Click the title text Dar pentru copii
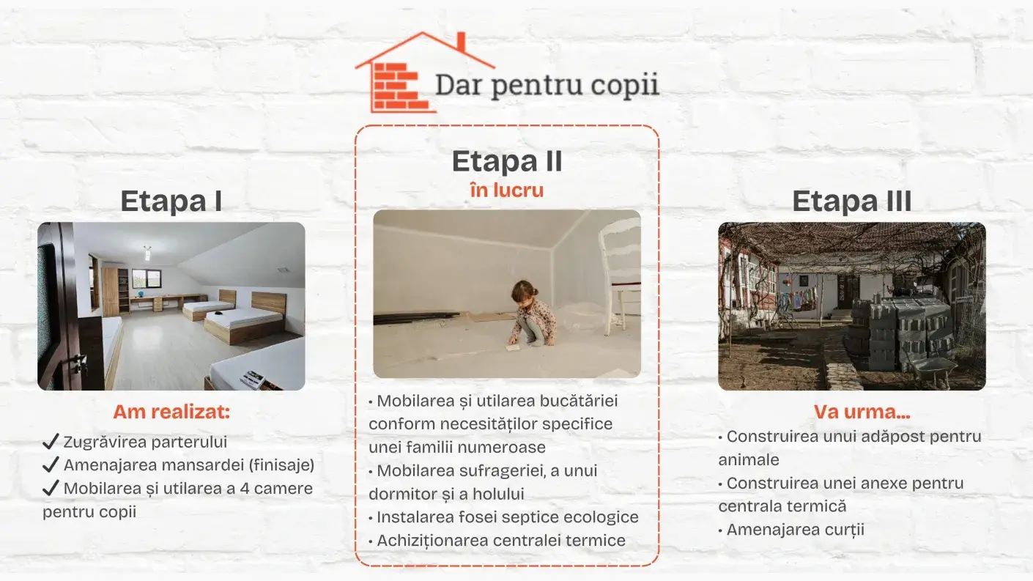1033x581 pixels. point(547,85)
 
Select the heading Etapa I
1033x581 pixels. point(171,201)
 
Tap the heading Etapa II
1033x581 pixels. point(507,161)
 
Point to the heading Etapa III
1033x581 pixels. point(852,201)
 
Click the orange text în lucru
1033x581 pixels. point(507,190)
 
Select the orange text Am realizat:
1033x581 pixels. point(171,412)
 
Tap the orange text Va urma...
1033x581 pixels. point(862,412)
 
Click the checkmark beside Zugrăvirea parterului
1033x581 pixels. point(51,441)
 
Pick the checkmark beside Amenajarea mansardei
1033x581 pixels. point(51,465)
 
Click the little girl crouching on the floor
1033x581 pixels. point(533,314)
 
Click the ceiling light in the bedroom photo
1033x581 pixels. point(147,253)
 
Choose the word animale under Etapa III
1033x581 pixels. point(749,459)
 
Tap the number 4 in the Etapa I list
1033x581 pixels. point(245,488)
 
